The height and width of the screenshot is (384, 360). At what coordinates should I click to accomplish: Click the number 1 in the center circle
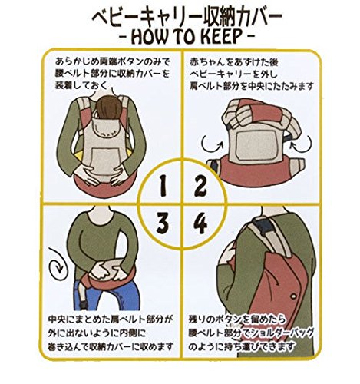coord(163,186)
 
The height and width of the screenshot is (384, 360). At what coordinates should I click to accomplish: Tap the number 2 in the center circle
coord(200,186)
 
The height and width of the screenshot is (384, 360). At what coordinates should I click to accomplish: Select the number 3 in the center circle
coord(163,223)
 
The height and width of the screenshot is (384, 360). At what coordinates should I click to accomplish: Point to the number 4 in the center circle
coord(201,223)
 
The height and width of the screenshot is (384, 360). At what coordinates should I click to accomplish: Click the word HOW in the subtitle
coord(151,37)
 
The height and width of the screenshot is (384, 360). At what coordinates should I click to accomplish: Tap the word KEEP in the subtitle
coord(221,37)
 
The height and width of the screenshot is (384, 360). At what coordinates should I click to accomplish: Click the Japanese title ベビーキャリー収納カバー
coord(187,17)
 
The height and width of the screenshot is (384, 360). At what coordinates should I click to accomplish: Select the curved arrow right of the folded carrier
coord(302,144)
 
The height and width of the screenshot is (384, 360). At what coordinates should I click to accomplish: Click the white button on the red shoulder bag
coord(294,296)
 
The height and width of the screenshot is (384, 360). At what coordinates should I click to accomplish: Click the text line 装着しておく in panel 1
coord(81,86)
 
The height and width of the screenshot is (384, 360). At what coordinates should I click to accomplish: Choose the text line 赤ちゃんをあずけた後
coord(234,62)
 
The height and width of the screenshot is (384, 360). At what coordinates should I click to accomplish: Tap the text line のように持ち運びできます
coord(242,347)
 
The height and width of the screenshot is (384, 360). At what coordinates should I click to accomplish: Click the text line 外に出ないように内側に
coord(97,333)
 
